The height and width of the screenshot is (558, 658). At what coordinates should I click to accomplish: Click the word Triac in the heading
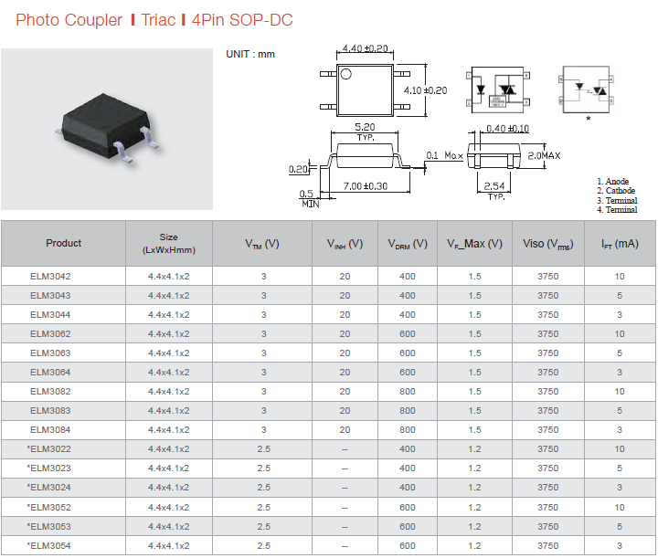[x=158, y=20]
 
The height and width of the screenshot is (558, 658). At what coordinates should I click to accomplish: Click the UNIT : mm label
[x=250, y=54]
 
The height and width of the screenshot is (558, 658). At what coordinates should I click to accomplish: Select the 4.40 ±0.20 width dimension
[x=365, y=48]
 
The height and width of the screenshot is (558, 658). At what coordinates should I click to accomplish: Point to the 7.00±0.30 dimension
[x=365, y=185]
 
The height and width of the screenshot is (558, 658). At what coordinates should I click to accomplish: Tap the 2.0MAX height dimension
[x=544, y=155]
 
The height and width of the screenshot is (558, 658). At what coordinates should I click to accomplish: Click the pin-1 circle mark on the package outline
[x=345, y=74]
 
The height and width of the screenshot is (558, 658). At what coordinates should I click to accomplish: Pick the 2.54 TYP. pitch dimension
[x=494, y=190]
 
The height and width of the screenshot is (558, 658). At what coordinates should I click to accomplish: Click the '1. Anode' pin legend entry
[x=612, y=181]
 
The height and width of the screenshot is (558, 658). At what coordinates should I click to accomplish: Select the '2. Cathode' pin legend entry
[x=616, y=190]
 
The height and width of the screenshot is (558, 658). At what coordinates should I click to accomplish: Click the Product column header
[x=63, y=243]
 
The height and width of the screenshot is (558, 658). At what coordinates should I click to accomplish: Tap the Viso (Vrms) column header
[x=547, y=244]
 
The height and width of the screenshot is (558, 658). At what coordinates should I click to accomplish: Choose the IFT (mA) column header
[x=620, y=244]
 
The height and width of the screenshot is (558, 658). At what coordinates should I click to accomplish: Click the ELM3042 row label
[x=50, y=277]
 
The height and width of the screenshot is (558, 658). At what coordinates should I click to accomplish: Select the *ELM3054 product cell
[x=48, y=546]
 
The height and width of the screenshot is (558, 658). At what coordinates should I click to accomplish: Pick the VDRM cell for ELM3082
[x=407, y=392]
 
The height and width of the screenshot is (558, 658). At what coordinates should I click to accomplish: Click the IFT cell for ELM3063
[x=620, y=353]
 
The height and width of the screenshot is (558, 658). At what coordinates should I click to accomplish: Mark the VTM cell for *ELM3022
[x=263, y=449]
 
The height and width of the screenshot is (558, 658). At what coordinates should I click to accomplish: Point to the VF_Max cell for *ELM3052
[x=474, y=507]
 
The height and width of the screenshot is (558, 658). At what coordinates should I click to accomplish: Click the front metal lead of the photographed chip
[x=123, y=152]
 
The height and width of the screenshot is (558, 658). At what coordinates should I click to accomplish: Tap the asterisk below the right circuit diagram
[x=589, y=119]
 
